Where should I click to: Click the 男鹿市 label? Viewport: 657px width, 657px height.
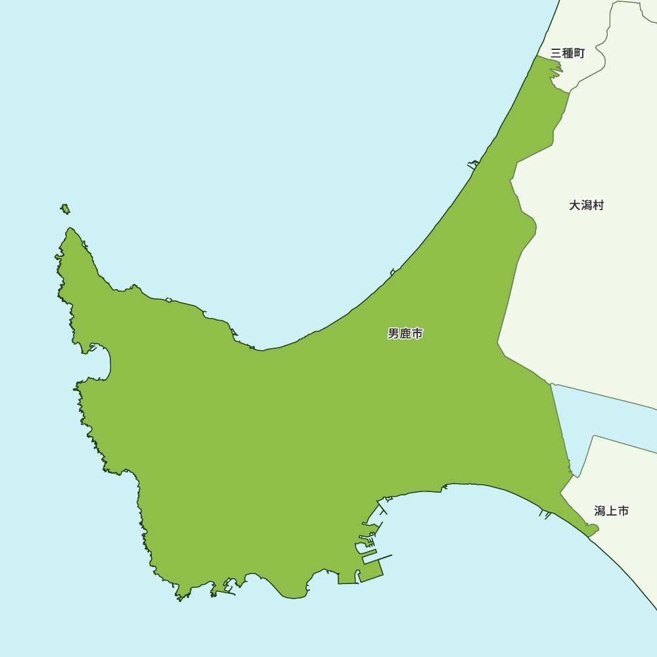pyautogui.click(x=405, y=334)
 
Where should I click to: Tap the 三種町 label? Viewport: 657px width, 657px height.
pyautogui.click(x=568, y=53)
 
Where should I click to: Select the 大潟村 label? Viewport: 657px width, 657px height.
pyautogui.click(x=586, y=206)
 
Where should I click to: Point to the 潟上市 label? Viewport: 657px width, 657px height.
pyautogui.click(x=611, y=510)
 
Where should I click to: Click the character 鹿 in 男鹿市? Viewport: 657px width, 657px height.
pyautogui.click(x=405, y=334)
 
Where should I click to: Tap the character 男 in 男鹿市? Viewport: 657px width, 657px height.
pyautogui.click(x=394, y=334)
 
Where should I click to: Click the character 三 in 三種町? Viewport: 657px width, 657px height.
pyautogui.click(x=556, y=53)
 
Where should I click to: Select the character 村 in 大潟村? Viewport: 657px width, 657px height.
pyautogui.click(x=598, y=206)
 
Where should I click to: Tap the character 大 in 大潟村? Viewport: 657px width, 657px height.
pyautogui.click(x=574, y=206)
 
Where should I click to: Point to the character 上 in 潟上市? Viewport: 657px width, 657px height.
pyautogui.click(x=611, y=510)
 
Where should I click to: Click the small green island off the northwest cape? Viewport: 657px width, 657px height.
pyautogui.click(x=65, y=209)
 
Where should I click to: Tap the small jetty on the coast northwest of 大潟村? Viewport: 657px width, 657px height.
pyautogui.click(x=472, y=164)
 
